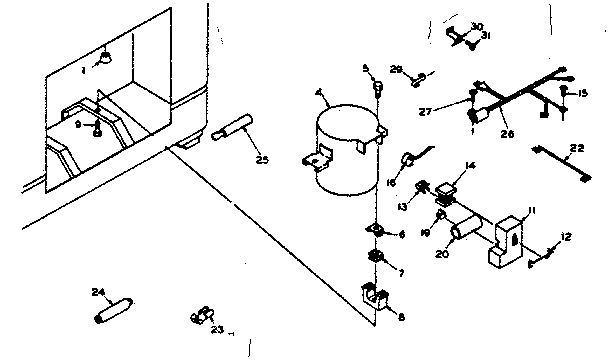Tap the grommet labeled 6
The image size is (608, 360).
375,232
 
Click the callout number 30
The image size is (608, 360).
476,25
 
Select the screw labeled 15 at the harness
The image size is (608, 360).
565,95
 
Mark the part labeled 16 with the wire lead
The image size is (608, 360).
409,160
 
